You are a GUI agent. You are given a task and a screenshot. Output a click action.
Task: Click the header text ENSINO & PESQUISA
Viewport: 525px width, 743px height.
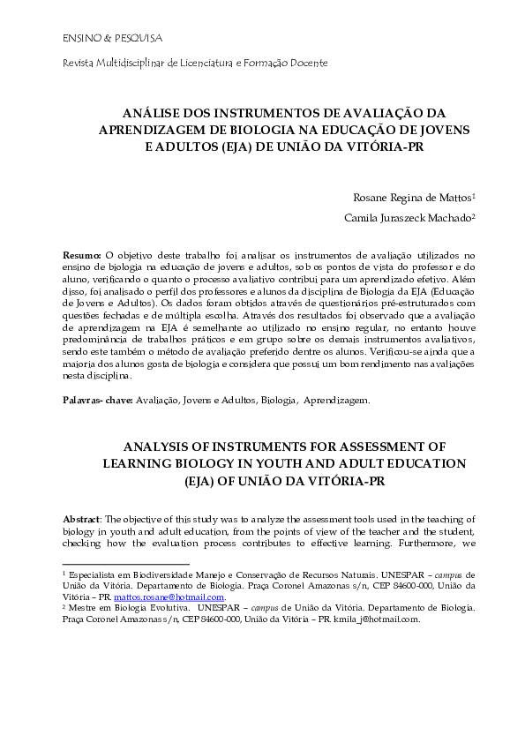click(99, 40)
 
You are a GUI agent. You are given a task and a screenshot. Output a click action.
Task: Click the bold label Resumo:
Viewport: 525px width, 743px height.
click(83, 255)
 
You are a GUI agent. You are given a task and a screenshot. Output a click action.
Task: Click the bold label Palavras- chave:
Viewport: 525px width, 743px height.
click(97, 400)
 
